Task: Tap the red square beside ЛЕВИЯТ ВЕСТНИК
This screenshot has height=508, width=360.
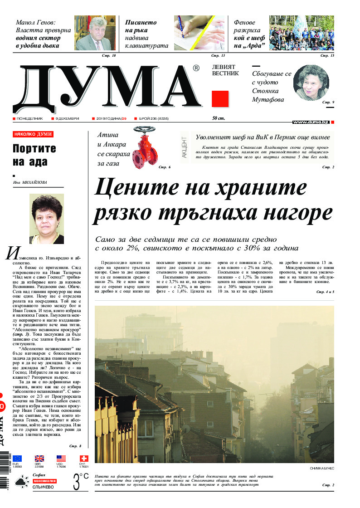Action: click(x=220, y=99)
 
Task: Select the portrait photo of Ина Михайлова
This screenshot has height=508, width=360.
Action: click(x=46, y=219)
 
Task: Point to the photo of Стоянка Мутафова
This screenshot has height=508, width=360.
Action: click(x=311, y=83)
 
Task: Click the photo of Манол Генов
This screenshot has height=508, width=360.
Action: click(x=95, y=33)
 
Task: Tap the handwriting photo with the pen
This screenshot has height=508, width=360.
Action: click(x=199, y=33)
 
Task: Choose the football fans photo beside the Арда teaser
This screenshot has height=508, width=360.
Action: click(x=302, y=33)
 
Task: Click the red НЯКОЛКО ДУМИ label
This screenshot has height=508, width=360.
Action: click(x=33, y=134)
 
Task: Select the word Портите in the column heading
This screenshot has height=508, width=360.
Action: click(x=34, y=149)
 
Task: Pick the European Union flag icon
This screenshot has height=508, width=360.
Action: click(x=17, y=459)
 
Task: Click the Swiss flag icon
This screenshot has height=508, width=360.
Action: click(x=84, y=459)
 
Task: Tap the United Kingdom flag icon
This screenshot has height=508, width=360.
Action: click(x=39, y=459)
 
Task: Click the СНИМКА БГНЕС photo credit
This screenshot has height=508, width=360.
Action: click(x=322, y=468)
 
